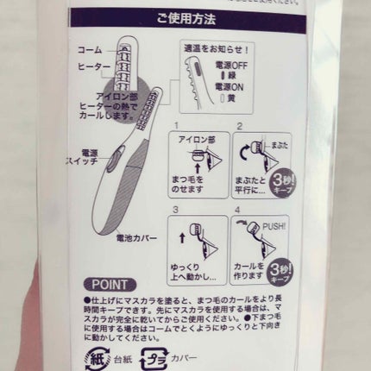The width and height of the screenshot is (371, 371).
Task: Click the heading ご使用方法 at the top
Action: point(188,16)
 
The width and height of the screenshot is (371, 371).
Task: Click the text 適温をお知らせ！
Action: point(215,50)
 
